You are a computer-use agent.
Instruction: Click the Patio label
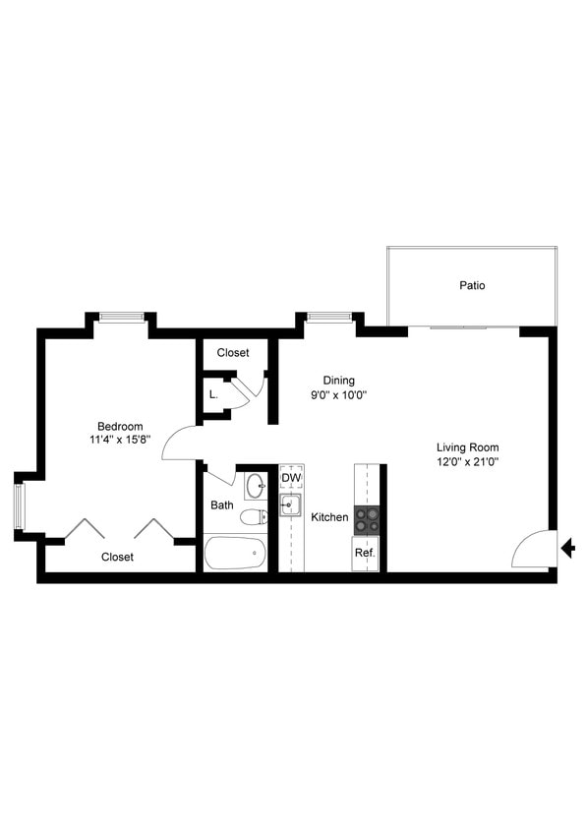(x=472, y=286)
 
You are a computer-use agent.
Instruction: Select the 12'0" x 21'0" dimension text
(x=468, y=461)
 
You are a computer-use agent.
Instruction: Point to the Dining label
(x=339, y=381)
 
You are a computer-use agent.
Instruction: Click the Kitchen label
(x=329, y=516)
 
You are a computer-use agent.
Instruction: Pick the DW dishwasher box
(x=290, y=479)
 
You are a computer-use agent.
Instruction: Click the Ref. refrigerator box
(x=364, y=553)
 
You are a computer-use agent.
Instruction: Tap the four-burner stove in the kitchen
(x=366, y=519)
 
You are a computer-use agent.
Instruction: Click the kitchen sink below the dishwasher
(x=289, y=505)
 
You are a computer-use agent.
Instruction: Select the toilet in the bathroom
(x=254, y=516)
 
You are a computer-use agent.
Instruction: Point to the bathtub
(x=236, y=553)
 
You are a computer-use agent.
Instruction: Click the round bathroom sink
(x=255, y=486)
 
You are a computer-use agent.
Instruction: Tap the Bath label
(x=221, y=505)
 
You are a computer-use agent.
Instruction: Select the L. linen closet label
(x=213, y=394)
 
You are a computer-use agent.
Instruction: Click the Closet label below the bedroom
(x=117, y=557)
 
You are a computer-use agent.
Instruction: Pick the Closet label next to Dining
(x=233, y=352)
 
